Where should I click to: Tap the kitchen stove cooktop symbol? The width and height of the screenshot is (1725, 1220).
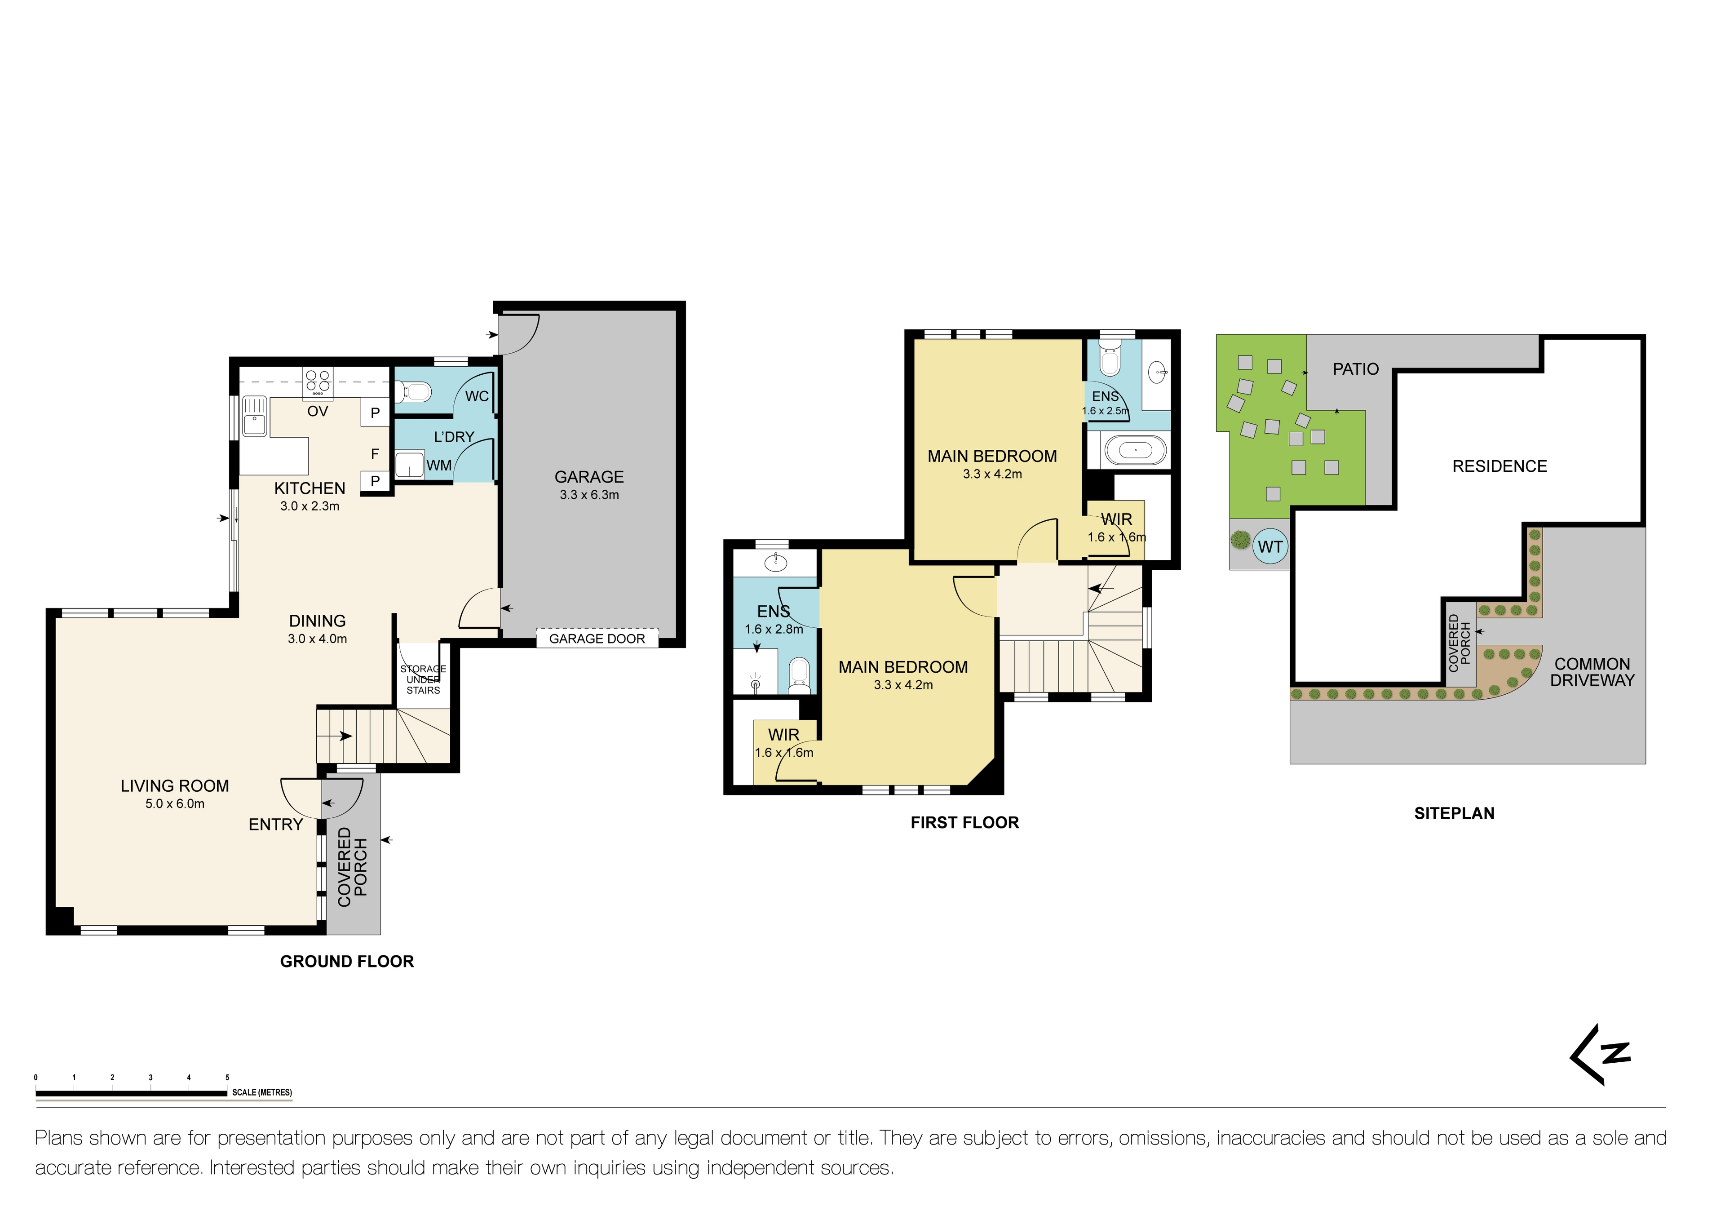[318, 382]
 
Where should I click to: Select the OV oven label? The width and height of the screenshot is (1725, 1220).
[318, 411]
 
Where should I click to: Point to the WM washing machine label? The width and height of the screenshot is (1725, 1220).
[439, 465]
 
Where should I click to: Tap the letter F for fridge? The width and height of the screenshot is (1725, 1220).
[375, 454]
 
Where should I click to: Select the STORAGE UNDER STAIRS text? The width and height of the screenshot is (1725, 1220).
[423, 679]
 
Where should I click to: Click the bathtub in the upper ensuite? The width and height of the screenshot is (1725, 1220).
[1136, 451]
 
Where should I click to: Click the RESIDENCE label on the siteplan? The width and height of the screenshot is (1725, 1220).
[1499, 466]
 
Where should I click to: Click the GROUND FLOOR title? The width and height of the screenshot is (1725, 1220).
[347, 962]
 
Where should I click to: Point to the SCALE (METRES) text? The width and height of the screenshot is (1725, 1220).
[262, 1092]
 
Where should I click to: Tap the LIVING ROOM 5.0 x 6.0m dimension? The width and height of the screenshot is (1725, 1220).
[175, 803]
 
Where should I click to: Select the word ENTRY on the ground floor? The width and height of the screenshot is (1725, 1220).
[276, 825]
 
